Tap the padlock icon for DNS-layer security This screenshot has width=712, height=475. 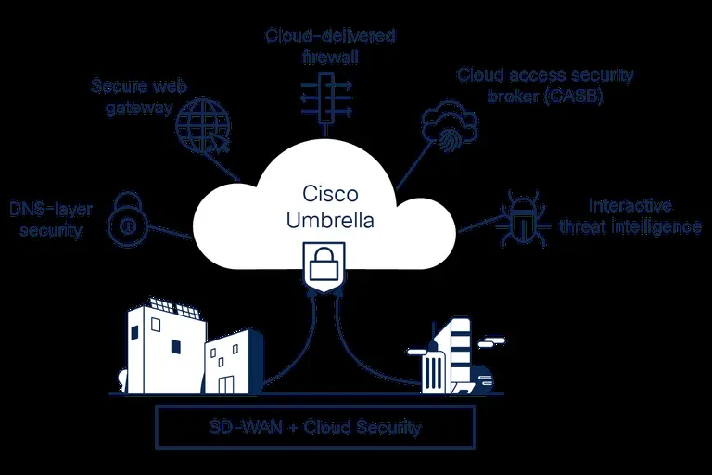tap(127, 219)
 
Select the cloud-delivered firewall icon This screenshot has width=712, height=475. tap(325, 96)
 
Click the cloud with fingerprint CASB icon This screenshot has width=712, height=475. tap(449, 129)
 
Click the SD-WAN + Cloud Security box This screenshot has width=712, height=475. tap(316, 428)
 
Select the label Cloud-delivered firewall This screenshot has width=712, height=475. tap(330, 45)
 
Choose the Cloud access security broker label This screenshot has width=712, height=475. tap(531, 84)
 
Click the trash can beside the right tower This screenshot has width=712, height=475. tap(436, 371)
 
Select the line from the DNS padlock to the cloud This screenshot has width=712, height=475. tap(169, 230)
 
